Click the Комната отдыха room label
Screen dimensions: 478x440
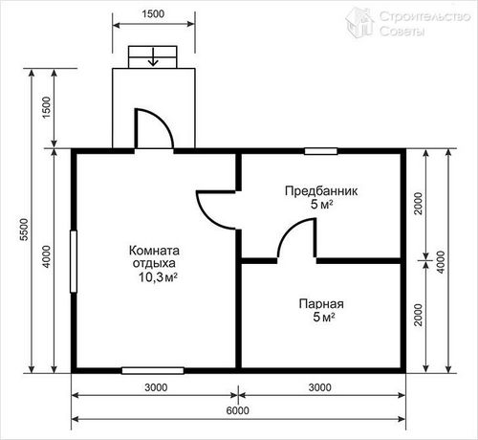coord(154,257)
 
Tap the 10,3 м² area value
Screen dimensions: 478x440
coord(158,277)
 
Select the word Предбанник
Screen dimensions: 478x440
coord(321,191)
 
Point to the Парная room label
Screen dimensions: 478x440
coord(321,304)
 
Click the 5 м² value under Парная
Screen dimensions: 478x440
coord(324,318)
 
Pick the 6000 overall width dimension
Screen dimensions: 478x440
coord(238,410)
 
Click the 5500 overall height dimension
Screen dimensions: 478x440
coord(24,230)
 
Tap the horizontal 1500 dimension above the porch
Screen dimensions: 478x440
coord(153,14)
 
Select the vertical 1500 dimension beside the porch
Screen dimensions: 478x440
coord(47,108)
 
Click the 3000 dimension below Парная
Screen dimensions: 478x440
coord(320,387)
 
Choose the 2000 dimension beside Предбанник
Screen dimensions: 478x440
coord(418,204)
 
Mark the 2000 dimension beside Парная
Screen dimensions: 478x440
coord(418,315)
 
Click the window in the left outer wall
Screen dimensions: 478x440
coord(74,261)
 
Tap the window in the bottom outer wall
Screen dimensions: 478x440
coord(153,370)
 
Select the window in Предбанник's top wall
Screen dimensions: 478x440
coord(320,151)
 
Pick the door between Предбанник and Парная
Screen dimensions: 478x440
coord(296,238)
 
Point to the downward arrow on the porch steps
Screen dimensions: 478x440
coord(153,57)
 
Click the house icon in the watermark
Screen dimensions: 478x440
coord(359,23)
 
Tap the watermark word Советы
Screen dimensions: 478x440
coord(402,32)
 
